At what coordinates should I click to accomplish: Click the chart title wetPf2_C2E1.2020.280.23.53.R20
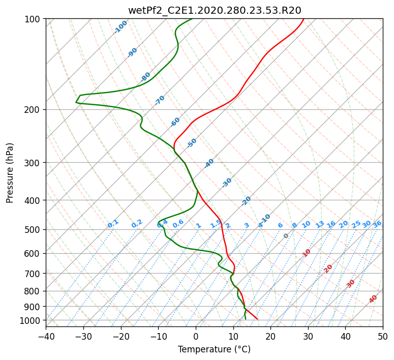[215, 10]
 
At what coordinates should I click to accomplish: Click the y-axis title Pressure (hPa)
[9, 173]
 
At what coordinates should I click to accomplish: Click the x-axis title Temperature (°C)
[215, 349]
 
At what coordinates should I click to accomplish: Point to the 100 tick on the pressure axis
[33, 19]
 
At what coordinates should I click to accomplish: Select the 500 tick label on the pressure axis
[33, 229]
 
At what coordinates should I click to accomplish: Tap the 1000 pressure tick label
[31, 320]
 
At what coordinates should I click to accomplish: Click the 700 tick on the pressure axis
[33, 273]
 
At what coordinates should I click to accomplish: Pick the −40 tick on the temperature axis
[46, 336]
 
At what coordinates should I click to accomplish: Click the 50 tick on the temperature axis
[383, 336]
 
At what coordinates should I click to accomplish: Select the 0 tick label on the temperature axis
[196, 336]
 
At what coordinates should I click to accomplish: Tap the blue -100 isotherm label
[120, 27]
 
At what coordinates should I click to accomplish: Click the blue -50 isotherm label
[192, 143]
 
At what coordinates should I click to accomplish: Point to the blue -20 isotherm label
[246, 201]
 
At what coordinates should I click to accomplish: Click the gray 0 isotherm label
[286, 236]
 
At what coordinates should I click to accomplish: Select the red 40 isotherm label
[373, 299]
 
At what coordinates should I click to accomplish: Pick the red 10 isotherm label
[307, 253]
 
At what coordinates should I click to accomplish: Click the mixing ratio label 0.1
[113, 224]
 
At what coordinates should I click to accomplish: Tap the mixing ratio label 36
[377, 224]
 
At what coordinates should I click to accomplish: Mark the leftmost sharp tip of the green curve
[76, 102]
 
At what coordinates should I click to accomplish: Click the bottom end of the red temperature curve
[257, 319]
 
